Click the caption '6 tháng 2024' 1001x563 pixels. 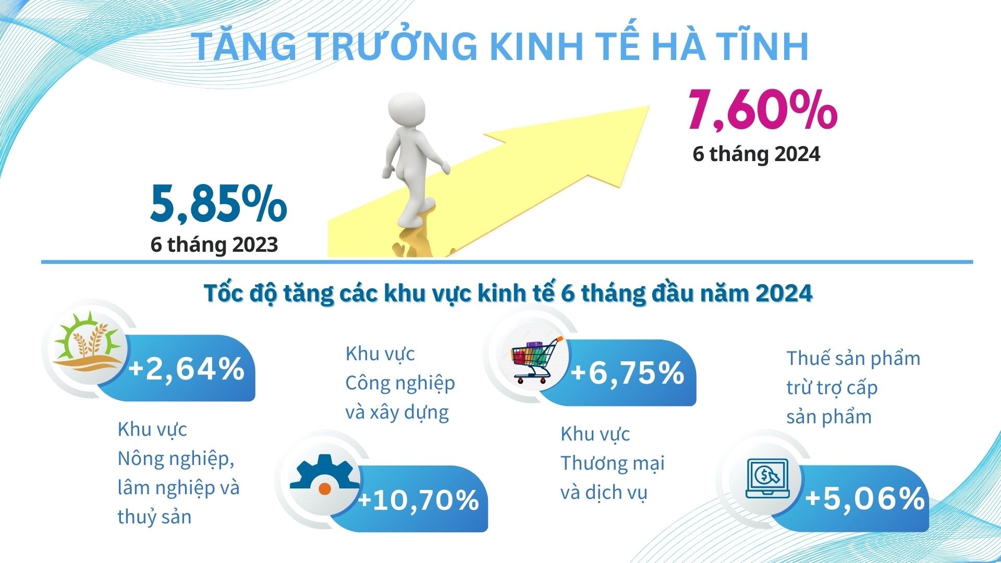point(756,154)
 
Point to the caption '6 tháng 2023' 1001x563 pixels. point(214,245)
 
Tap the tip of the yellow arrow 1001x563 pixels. point(649,107)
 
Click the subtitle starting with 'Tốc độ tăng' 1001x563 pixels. point(508,293)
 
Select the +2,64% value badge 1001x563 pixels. point(187,368)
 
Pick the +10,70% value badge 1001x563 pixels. point(419,499)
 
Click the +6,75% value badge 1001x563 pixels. point(627,373)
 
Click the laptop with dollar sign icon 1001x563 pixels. point(767,479)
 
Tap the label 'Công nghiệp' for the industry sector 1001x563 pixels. point(400,383)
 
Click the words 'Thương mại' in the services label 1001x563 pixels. point(613,463)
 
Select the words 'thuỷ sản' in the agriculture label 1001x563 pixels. point(154,517)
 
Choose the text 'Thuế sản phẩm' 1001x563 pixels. point(853,359)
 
